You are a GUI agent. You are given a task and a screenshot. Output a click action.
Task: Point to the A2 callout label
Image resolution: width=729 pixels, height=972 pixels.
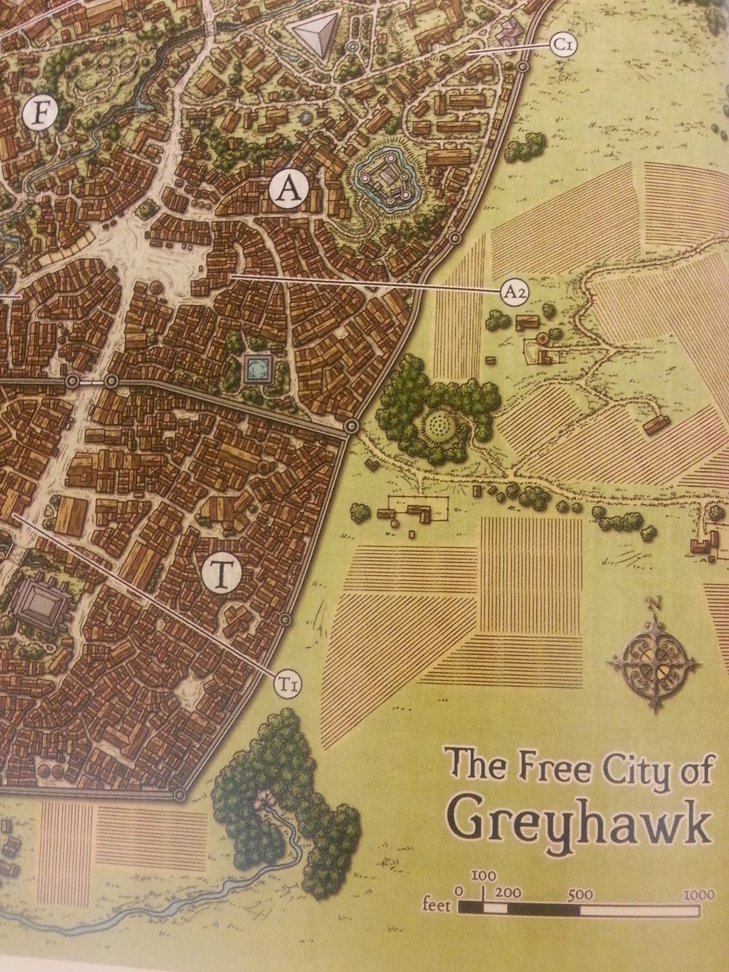(x=514, y=292)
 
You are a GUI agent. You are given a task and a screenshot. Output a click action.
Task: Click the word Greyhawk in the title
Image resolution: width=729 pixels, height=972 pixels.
(x=580, y=823)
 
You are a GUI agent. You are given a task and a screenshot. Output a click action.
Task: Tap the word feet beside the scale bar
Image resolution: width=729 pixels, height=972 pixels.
(x=436, y=906)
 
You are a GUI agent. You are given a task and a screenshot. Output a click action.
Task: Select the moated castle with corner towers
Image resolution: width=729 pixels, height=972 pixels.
(x=385, y=179)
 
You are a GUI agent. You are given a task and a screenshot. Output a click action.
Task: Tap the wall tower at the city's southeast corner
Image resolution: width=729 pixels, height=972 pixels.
(x=179, y=795)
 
